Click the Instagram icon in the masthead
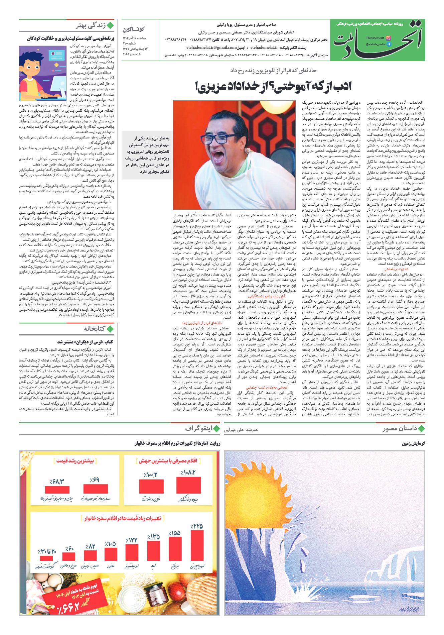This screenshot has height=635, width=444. (x=388, y=38)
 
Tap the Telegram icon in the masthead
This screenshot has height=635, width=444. (x=389, y=44)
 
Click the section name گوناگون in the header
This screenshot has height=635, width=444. (x=134, y=29)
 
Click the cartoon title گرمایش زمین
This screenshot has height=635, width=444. (x=413, y=443)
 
